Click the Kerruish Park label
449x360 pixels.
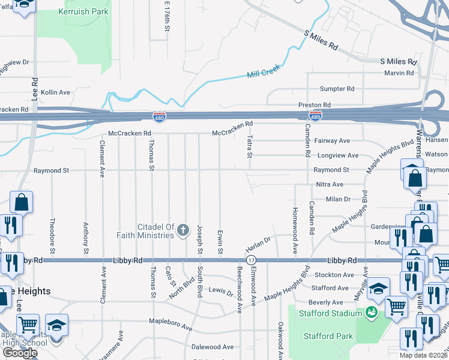click(x=83, y=11)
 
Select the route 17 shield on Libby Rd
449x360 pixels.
click(x=251, y=260)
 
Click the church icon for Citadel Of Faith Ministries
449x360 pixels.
click(x=182, y=230)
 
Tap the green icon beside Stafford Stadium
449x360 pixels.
click(x=371, y=313)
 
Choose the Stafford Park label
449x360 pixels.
click(x=328, y=336)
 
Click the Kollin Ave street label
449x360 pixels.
click(x=56, y=92)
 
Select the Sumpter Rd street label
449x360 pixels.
click(x=337, y=89)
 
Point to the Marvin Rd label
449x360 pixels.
click(x=399, y=73)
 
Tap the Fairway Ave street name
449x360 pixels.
click(x=332, y=141)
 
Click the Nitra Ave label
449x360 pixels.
click(x=330, y=184)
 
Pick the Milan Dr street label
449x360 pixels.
click(x=338, y=199)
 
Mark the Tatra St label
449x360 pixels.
click(x=249, y=147)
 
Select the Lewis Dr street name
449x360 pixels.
click(x=221, y=292)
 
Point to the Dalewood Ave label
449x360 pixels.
click(x=212, y=347)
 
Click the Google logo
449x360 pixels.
click(x=19, y=353)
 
